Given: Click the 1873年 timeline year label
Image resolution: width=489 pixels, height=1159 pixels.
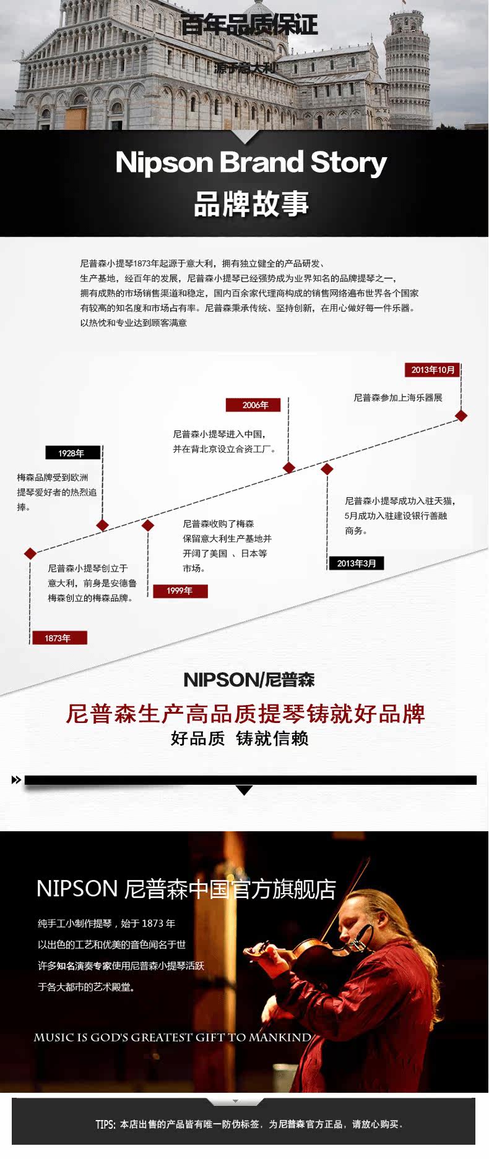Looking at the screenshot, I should (58, 638).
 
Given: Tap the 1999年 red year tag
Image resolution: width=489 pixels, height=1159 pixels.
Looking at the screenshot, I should (180, 591).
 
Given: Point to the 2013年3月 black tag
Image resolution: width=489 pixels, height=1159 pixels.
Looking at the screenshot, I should (356, 563).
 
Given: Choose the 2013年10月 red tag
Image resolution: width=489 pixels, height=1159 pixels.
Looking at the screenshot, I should (433, 370).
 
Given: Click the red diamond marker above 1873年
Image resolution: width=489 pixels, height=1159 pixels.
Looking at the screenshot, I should (30, 553).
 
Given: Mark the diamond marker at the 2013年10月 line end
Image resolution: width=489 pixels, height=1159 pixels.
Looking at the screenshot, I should (461, 416).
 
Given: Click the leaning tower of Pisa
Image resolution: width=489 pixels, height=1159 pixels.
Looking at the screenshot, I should (407, 68).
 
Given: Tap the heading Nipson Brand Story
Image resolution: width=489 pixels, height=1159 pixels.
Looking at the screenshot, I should (251, 162).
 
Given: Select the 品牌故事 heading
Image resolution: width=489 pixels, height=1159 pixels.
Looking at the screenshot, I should (251, 203).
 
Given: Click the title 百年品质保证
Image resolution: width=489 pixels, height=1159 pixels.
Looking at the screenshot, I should (249, 25).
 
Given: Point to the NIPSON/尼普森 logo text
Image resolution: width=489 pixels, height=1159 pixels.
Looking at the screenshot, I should (249, 680).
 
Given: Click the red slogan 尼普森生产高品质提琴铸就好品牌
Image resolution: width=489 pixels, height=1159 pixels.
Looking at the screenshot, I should (245, 714).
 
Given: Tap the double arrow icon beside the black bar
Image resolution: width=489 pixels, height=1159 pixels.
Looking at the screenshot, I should (16, 780).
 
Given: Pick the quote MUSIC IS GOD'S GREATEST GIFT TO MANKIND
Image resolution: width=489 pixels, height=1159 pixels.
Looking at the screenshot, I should (172, 1037).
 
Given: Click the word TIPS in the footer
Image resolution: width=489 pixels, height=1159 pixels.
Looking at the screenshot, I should (105, 1124).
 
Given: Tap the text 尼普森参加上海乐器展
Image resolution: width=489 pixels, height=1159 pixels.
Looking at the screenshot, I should (398, 398).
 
